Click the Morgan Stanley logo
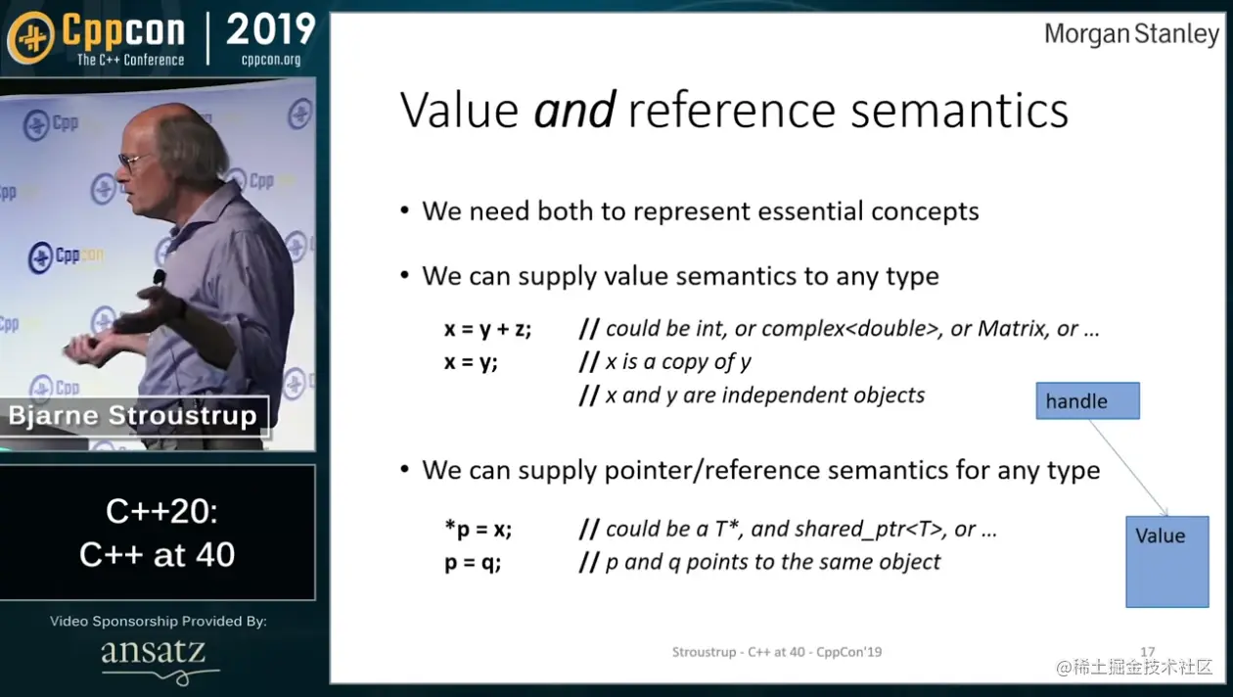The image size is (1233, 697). (1131, 34)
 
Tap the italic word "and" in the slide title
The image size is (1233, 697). (574, 110)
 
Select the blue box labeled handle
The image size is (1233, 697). (1088, 400)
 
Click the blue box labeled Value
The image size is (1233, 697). (1166, 562)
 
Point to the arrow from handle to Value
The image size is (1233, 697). (1128, 467)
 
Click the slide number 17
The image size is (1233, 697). (1147, 652)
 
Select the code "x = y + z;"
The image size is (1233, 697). (487, 329)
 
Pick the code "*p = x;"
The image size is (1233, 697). (478, 529)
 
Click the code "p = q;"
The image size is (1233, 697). (473, 563)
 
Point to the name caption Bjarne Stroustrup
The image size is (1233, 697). (133, 416)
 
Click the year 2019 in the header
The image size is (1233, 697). (270, 29)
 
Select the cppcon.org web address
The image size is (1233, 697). (271, 60)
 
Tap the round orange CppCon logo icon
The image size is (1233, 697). (31, 37)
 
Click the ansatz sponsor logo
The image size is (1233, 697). (157, 660)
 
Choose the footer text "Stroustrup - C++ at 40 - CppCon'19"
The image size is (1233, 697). (777, 652)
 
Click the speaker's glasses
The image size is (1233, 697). (133, 161)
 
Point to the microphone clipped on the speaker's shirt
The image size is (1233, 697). (160, 277)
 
